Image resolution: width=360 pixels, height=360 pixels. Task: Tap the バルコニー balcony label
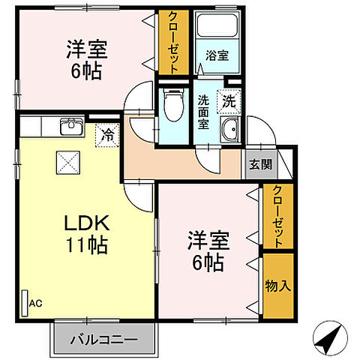(104, 340)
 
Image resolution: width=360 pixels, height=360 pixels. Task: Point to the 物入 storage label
(277, 285)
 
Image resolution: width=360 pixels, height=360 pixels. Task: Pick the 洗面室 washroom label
(203, 110)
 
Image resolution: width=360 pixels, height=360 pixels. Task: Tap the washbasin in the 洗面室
(230, 131)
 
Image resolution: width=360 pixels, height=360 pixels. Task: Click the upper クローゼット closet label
(172, 42)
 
